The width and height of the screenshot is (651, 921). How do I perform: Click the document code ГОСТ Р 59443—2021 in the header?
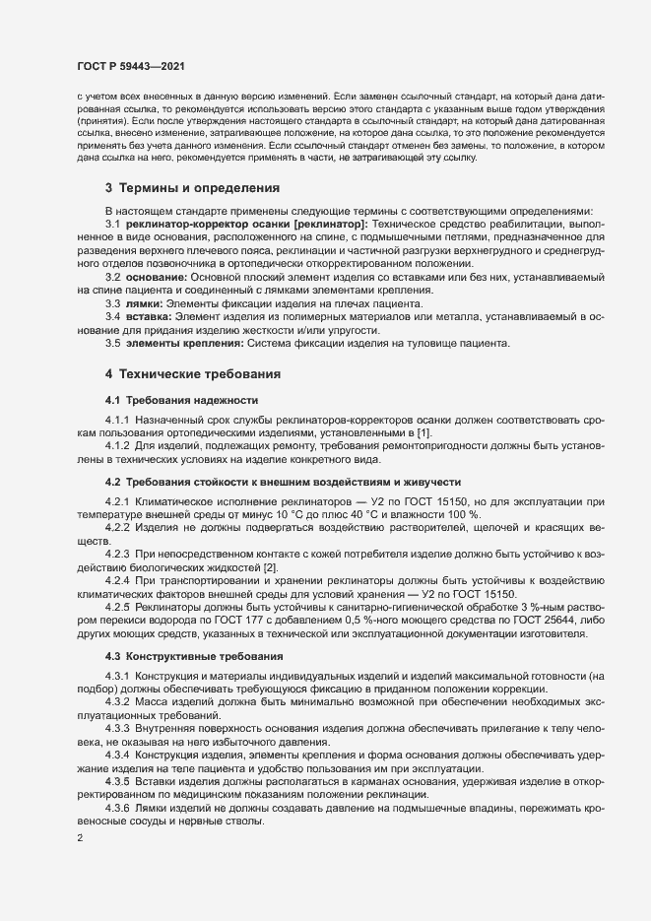point(129,66)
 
